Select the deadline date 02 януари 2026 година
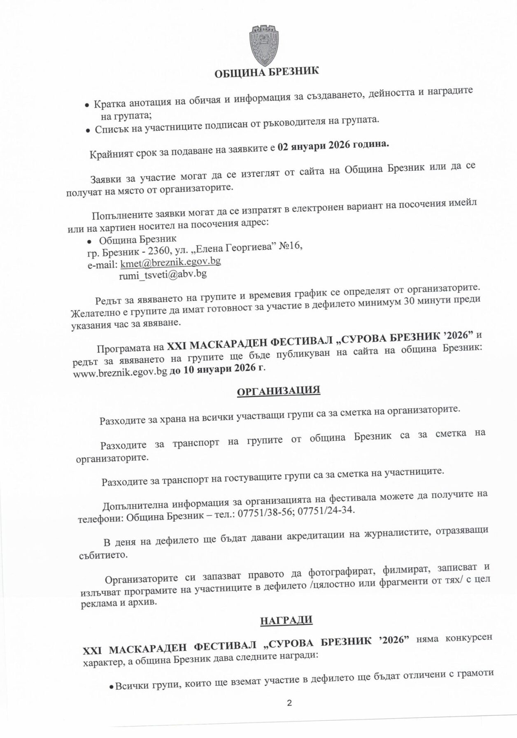(x=333, y=147)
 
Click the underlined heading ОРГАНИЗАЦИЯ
(x=278, y=390)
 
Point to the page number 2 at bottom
(x=289, y=703)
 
